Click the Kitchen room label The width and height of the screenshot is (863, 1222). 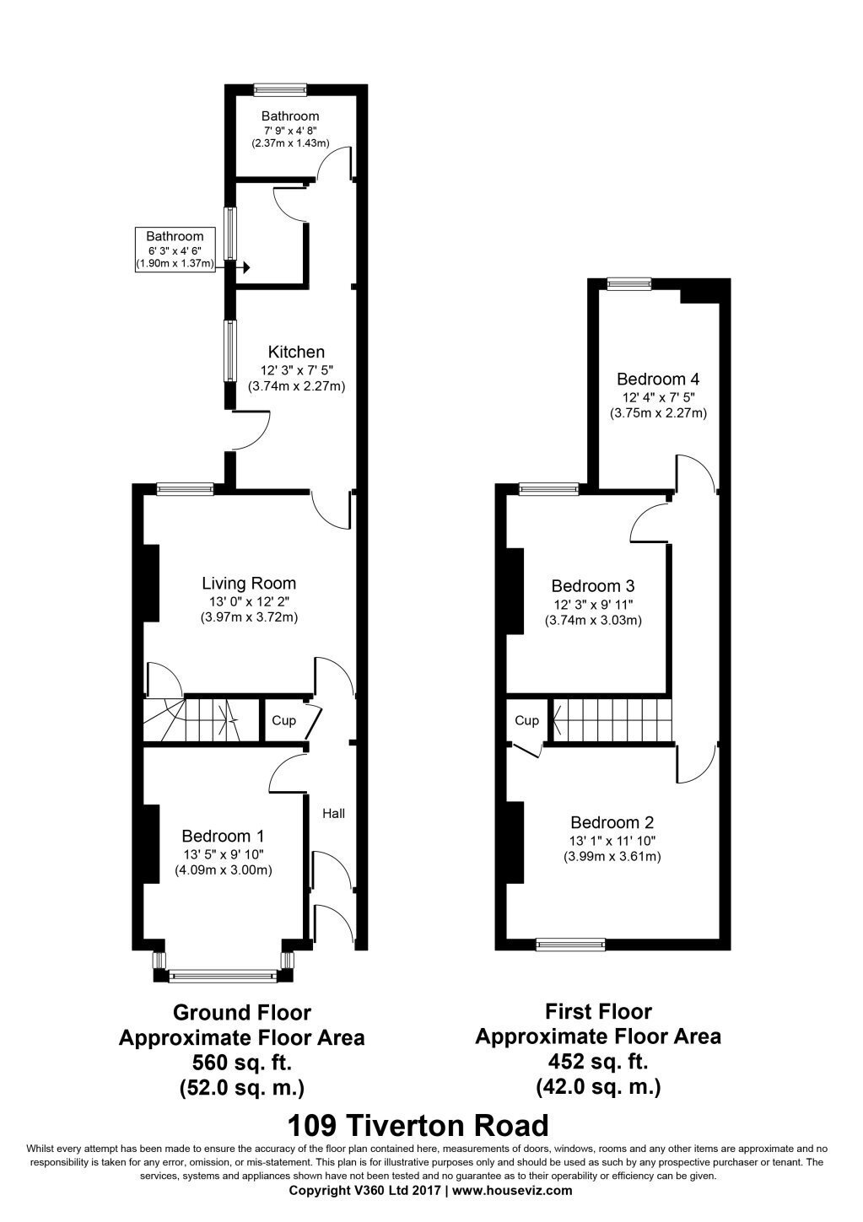[296, 352]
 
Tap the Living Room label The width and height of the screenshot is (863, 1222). [249, 584]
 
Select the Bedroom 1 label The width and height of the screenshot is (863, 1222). [223, 836]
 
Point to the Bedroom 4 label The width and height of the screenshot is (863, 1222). [658, 379]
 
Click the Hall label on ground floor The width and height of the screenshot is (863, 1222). [333, 813]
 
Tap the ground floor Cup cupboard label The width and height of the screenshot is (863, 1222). [283, 721]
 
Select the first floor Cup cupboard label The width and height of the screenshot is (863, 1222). [526, 721]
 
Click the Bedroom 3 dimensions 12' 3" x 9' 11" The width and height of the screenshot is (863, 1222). [593, 605]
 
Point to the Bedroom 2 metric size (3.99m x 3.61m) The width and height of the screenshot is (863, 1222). [612, 857]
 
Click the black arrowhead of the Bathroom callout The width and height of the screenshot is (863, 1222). [246, 267]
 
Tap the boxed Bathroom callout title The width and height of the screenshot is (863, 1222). [175, 236]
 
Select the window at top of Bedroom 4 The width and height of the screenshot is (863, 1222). [629, 283]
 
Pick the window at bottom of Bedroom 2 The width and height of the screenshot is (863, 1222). [570, 944]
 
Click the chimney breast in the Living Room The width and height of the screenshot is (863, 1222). [151, 584]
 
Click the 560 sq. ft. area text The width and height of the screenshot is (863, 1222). [242, 1062]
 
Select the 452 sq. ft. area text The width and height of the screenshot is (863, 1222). [598, 1061]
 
